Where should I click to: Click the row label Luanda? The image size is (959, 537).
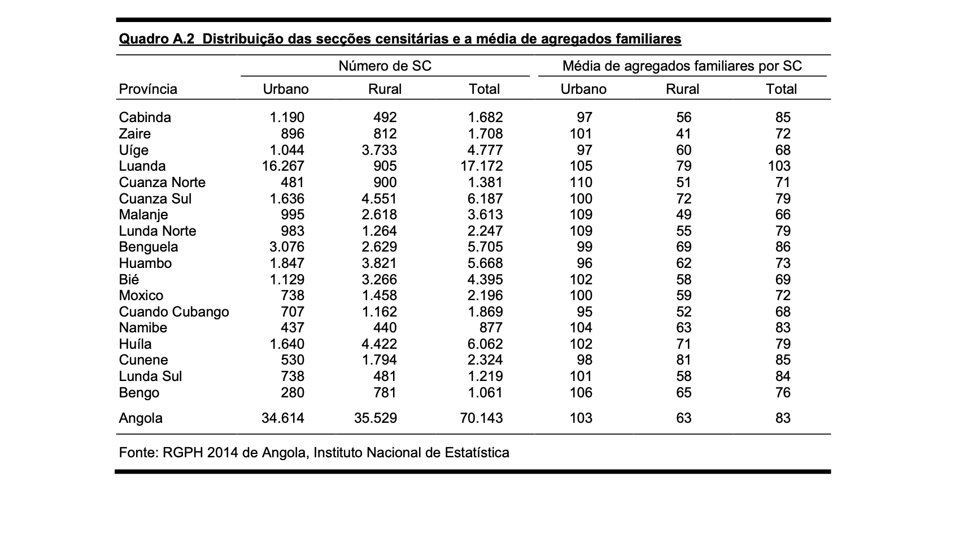pyautogui.click(x=142, y=166)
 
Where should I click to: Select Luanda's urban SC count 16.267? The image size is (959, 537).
pyautogui.click(x=283, y=166)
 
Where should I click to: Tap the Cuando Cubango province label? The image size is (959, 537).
pyautogui.click(x=174, y=312)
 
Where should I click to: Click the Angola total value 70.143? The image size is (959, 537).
pyautogui.click(x=481, y=418)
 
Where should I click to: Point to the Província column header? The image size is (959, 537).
pyautogui.click(x=148, y=89)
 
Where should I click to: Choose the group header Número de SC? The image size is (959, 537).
pyautogui.click(x=385, y=66)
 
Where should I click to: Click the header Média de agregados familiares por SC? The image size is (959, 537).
pyautogui.click(x=682, y=66)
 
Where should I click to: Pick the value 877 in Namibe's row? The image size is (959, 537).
pyautogui.click(x=490, y=328)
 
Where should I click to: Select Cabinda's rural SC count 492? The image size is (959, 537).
pyautogui.click(x=385, y=118)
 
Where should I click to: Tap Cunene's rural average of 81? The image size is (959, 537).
pyautogui.click(x=683, y=360)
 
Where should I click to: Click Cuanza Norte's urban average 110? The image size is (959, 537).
pyautogui.click(x=581, y=183)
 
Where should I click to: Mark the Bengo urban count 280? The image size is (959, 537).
pyautogui.click(x=292, y=393)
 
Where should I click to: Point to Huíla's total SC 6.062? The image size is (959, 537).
pyautogui.click(x=485, y=344)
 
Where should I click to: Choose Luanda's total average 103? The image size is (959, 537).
pyautogui.click(x=779, y=166)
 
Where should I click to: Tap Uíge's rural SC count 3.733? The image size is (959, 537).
pyautogui.click(x=379, y=150)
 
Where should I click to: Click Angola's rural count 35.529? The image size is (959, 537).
pyautogui.click(x=376, y=418)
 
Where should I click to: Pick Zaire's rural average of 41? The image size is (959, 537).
pyautogui.click(x=683, y=134)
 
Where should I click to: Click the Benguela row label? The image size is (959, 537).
pyautogui.click(x=149, y=247)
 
